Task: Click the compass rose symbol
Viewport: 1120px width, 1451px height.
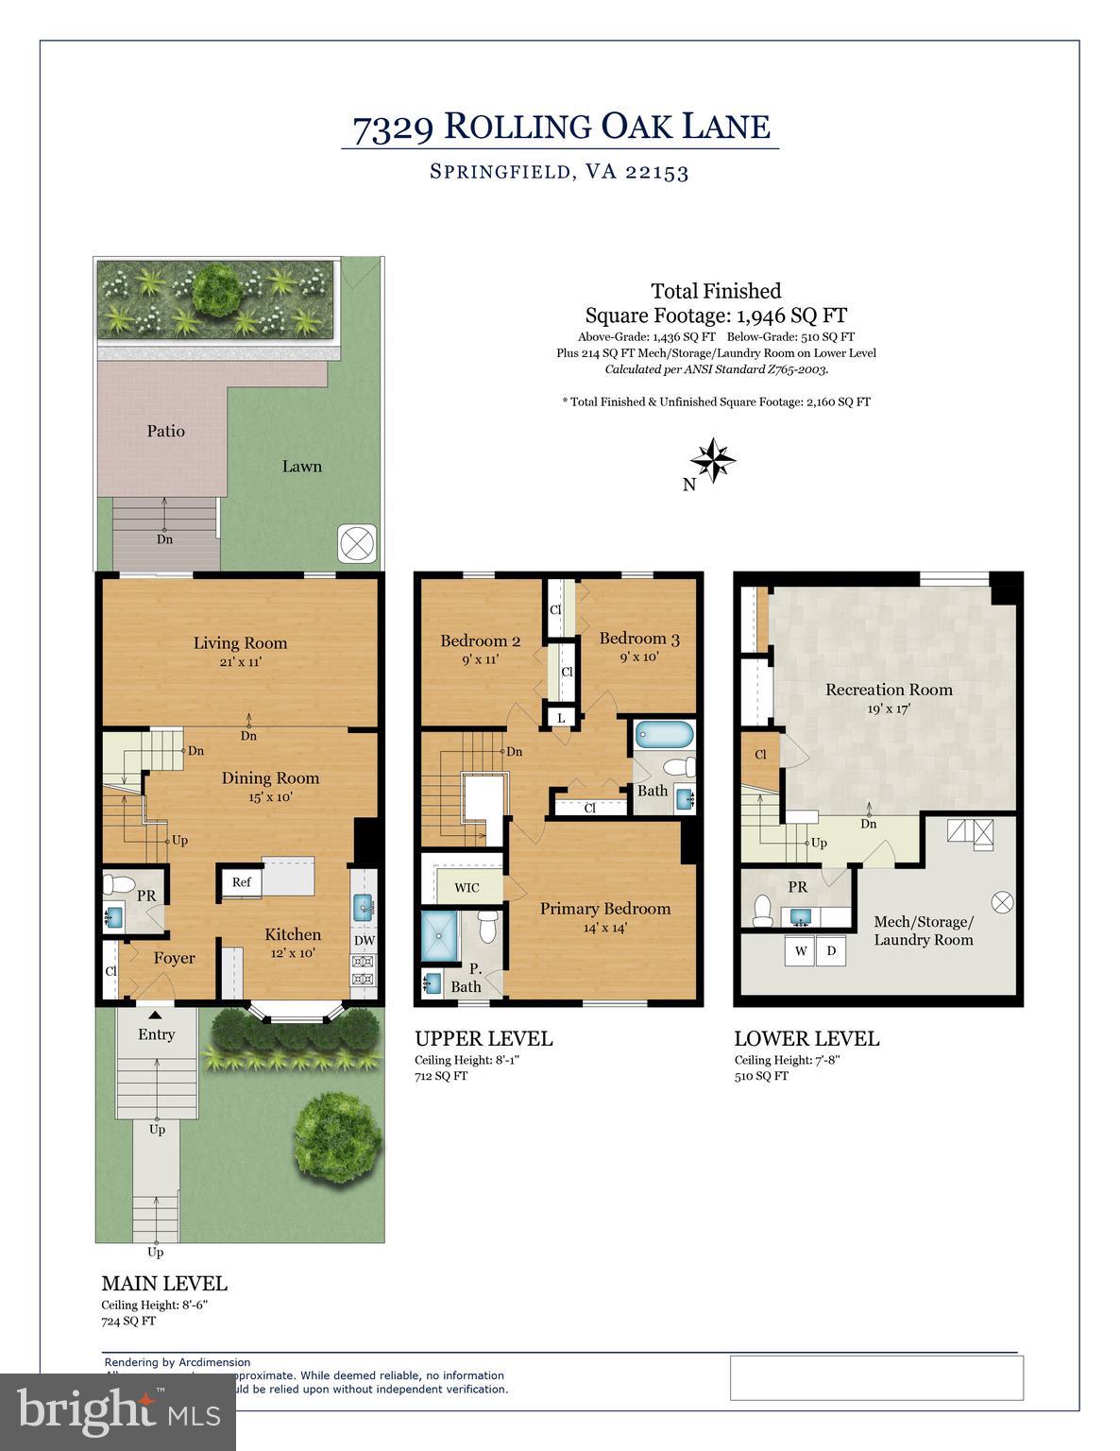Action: (x=712, y=461)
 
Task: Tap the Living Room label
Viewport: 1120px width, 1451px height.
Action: (x=240, y=643)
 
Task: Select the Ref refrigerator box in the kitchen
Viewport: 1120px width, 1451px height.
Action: (x=242, y=882)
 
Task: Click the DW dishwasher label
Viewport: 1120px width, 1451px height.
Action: (x=364, y=941)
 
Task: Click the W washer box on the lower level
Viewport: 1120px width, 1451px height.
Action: (x=801, y=950)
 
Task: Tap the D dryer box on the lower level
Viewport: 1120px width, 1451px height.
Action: (x=831, y=950)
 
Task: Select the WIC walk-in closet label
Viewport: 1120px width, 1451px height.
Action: (x=467, y=888)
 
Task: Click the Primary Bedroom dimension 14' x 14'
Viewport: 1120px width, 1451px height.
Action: (x=604, y=928)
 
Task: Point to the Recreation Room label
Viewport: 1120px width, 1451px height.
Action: (x=889, y=690)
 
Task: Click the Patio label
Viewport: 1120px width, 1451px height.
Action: (x=165, y=431)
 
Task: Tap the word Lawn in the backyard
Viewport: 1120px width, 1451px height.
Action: (x=301, y=466)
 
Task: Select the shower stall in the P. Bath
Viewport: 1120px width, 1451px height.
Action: (x=438, y=935)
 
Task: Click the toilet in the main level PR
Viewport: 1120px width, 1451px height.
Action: (x=118, y=886)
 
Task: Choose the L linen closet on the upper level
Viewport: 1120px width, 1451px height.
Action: (x=561, y=718)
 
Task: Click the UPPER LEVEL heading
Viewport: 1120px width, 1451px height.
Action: (x=484, y=1038)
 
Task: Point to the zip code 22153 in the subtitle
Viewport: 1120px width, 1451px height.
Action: (x=656, y=172)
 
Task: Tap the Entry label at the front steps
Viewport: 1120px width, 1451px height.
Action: (x=156, y=1034)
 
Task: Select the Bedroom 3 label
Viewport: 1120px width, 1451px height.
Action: (x=638, y=638)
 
